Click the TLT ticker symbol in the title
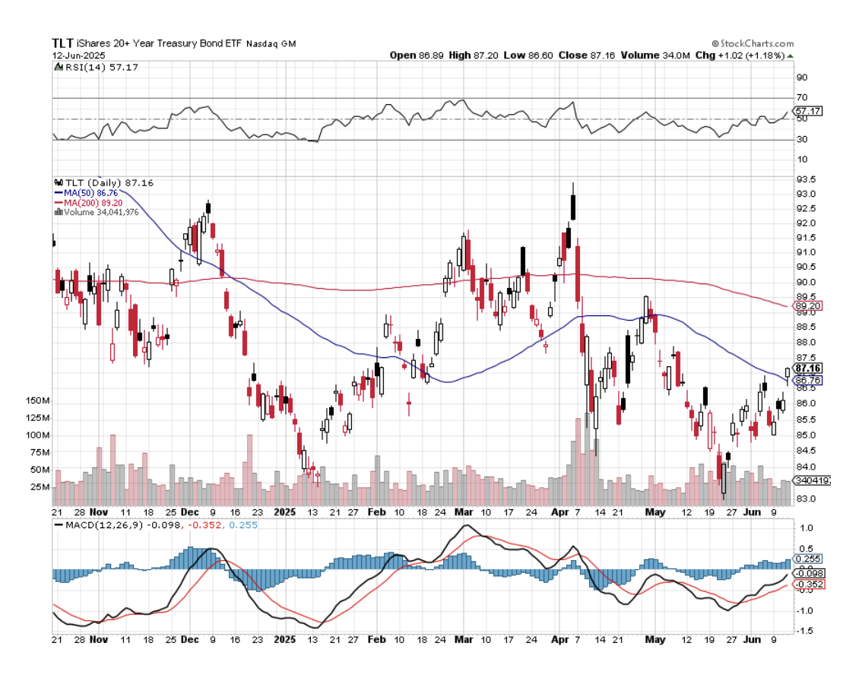click(x=62, y=43)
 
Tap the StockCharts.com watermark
click(x=753, y=44)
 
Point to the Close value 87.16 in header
click(x=590, y=55)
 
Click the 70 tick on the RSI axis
click(x=801, y=98)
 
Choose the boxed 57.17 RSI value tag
click(x=807, y=111)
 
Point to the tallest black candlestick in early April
click(x=573, y=206)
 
